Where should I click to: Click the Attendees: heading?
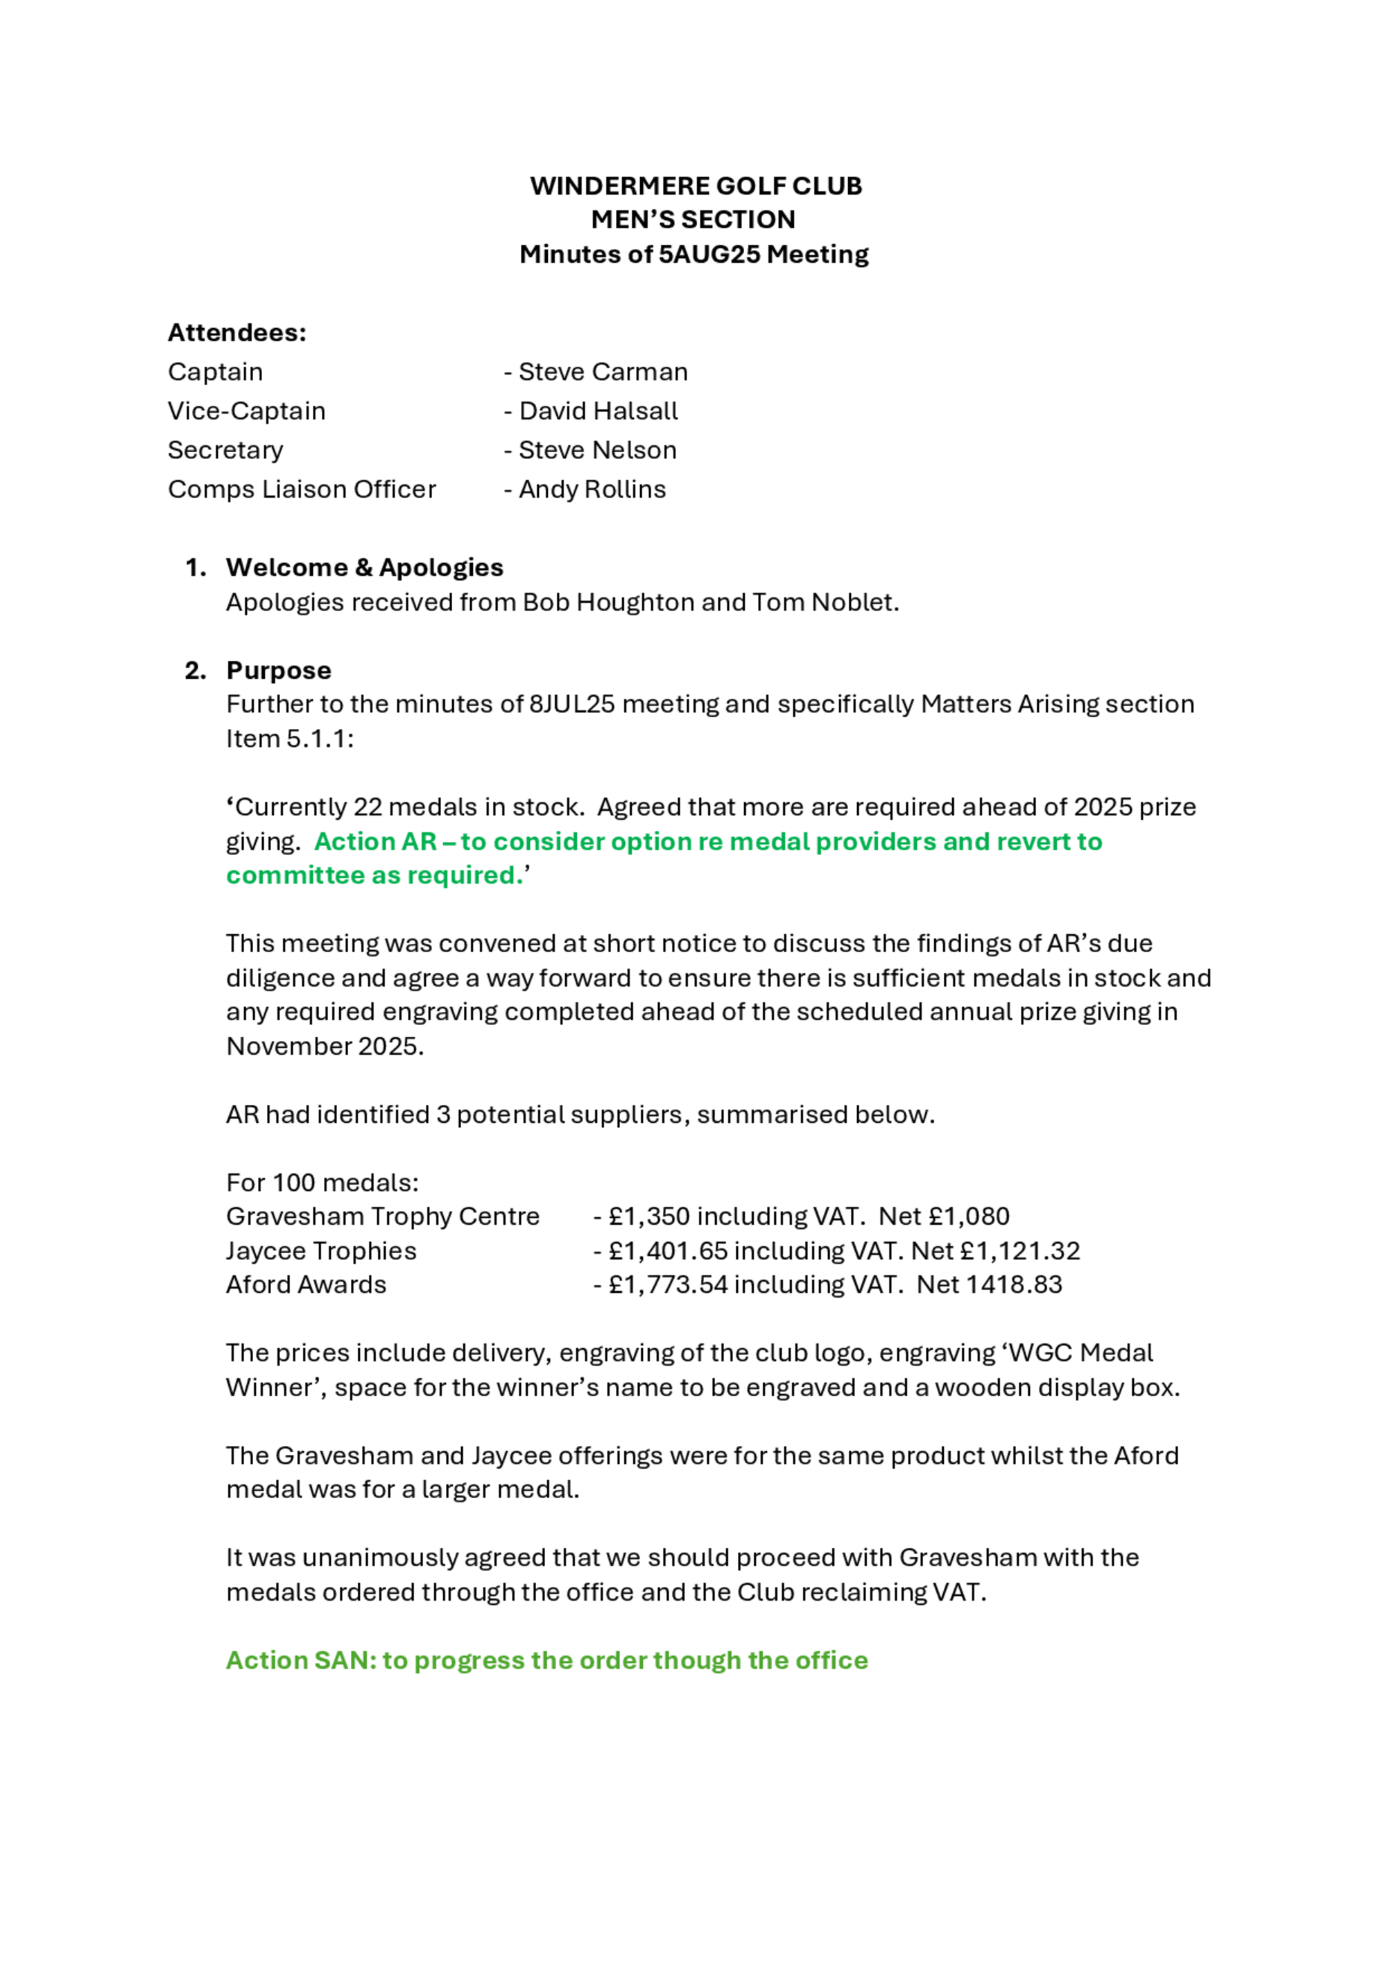(x=236, y=332)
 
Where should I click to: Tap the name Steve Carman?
(x=603, y=372)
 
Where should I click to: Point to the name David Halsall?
(x=598, y=411)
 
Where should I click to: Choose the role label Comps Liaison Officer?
(x=302, y=489)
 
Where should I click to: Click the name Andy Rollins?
(x=592, y=489)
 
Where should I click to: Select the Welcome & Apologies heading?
(x=364, y=567)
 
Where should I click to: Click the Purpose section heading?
(x=279, y=670)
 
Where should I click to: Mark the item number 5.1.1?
(x=320, y=739)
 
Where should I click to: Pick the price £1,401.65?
(x=667, y=1251)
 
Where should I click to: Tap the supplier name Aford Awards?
(x=306, y=1284)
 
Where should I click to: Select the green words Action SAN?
(x=301, y=1660)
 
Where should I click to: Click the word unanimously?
(x=382, y=1558)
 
